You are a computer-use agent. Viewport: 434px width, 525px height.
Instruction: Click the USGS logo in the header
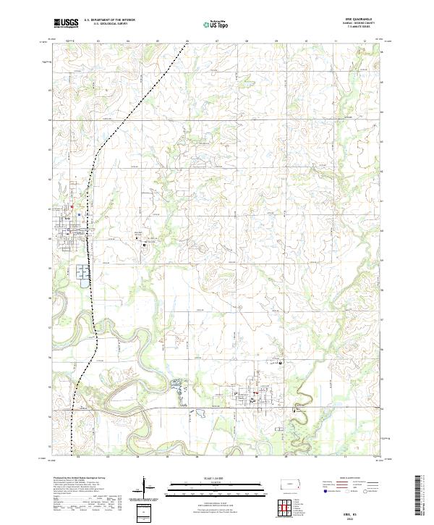pyautogui.click(x=67, y=23)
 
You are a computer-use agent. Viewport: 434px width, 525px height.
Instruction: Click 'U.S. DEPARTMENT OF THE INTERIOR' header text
pyautogui.click(x=109, y=20)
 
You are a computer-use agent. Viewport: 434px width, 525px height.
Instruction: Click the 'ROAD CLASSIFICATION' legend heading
pyautogui.click(x=354, y=477)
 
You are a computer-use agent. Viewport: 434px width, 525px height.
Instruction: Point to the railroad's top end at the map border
pyautogui.click(x=188, y=42)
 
